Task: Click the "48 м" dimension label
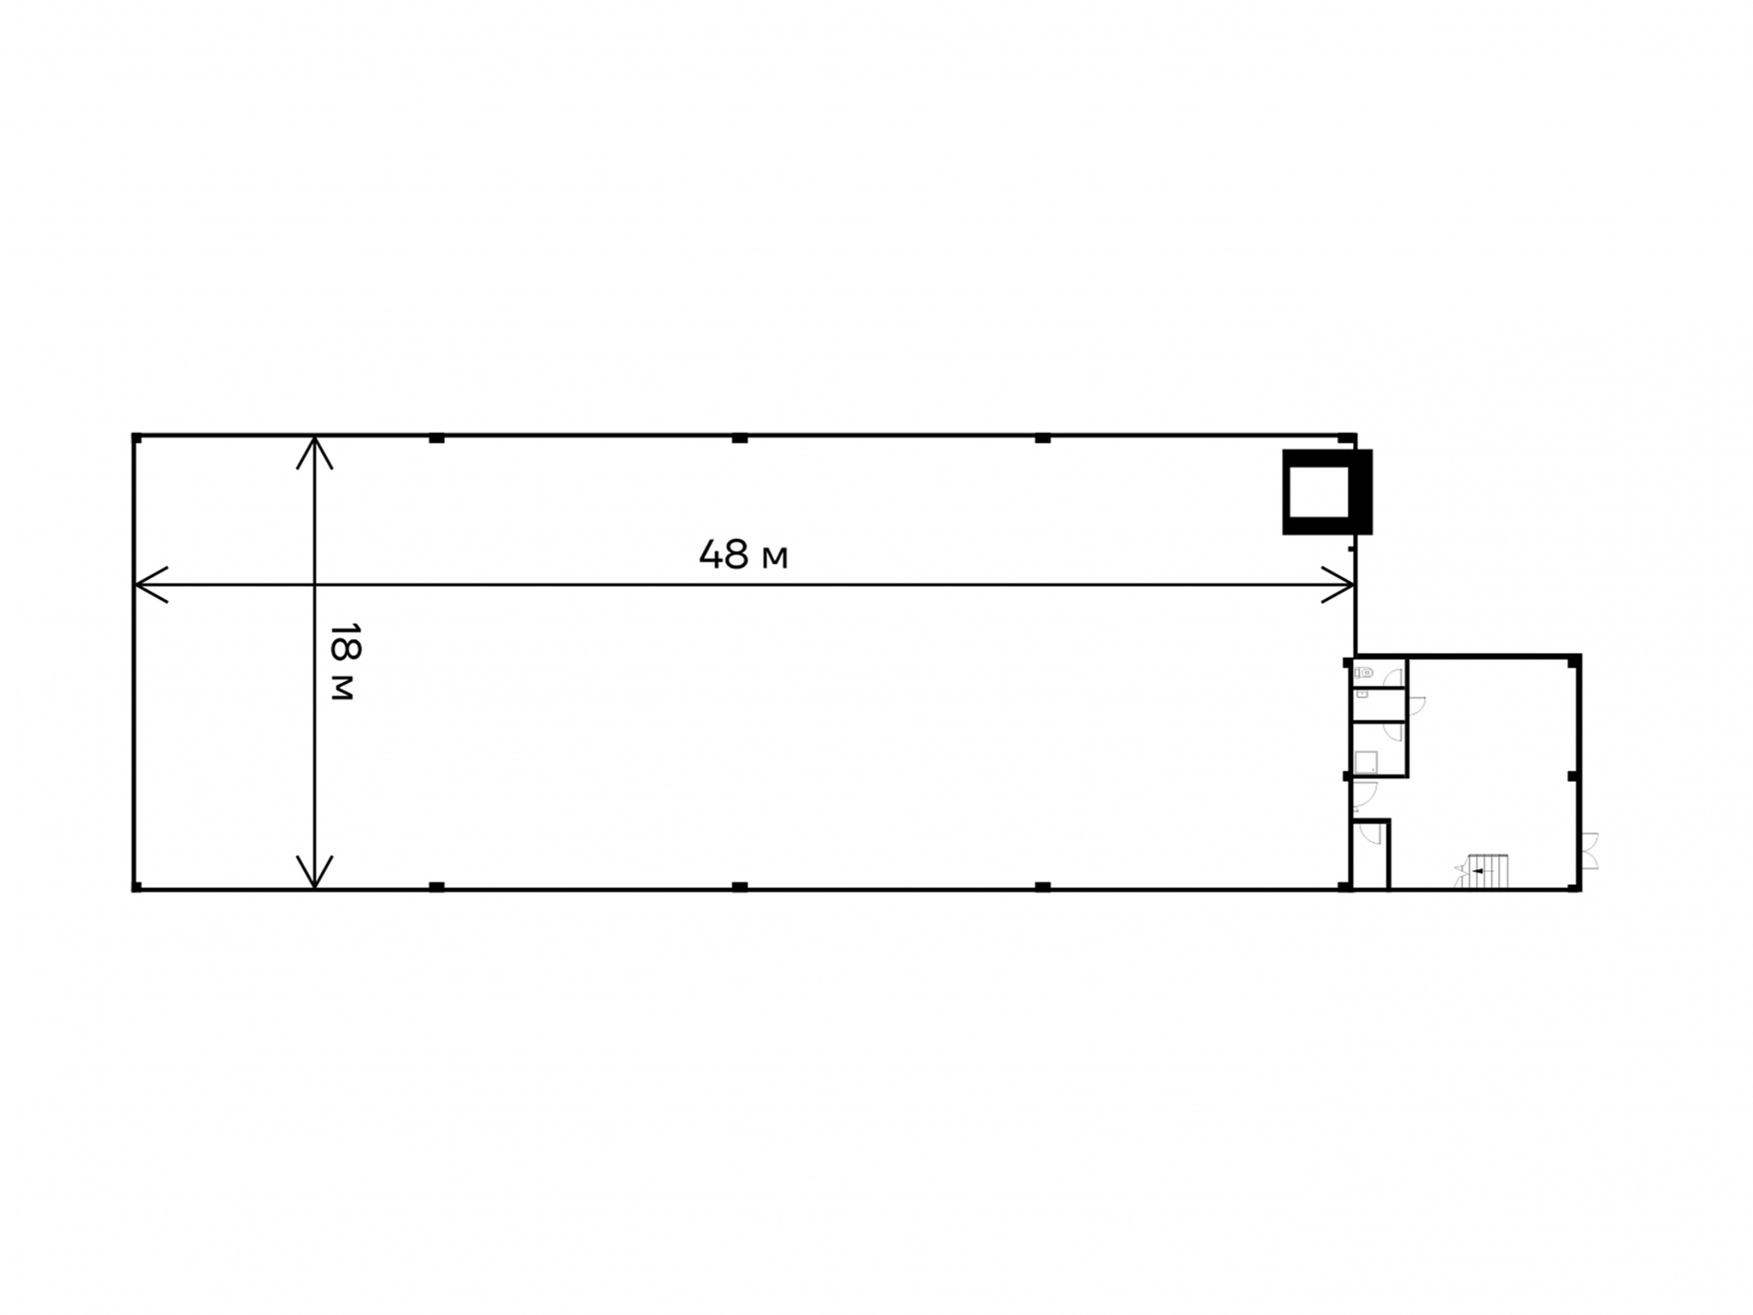tap(743, 554)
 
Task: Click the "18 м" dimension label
tap(344, 662)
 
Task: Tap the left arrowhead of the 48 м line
tap(152, 584)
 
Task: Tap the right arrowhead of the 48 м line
tap(1338, 584)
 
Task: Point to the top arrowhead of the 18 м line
tap(314, 453)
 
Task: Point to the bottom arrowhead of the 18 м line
tap(314, 871)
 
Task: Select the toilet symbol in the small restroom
tap(1364, 673)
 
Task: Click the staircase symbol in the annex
tap(1483, 871)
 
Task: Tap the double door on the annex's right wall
tap(1590, 850)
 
